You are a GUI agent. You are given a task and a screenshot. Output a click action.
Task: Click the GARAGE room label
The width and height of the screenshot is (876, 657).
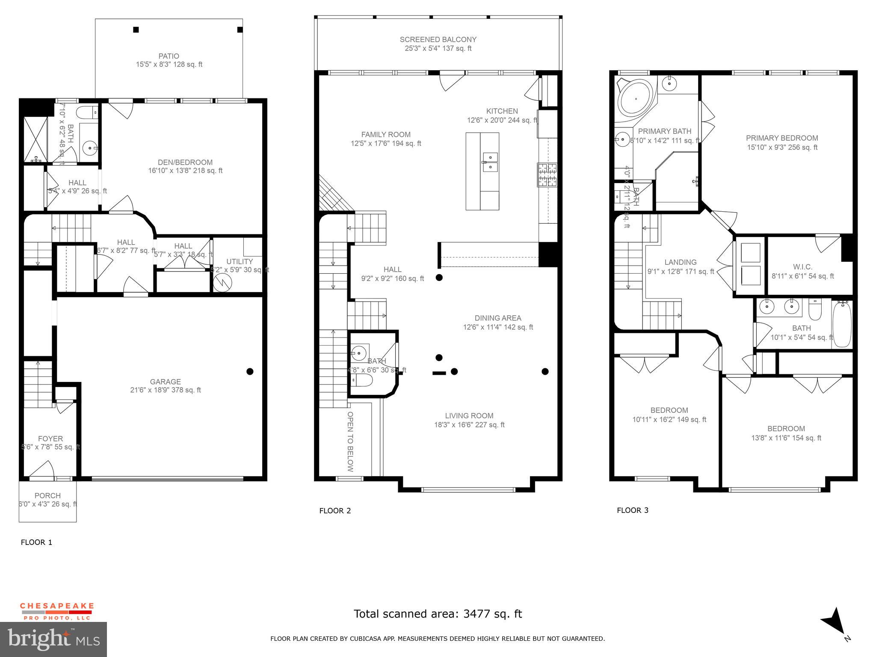click(x=165, y=382)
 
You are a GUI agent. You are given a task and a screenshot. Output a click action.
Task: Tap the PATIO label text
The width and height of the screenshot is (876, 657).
click(x=169, y=56)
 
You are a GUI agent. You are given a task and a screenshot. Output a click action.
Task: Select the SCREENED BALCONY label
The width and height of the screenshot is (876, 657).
click(x=438, y=39)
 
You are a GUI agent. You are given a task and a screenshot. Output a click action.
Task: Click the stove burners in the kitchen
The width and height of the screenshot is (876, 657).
click(x=547, y=175)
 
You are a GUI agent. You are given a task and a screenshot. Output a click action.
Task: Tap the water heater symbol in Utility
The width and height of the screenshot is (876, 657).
click(x=222, y=283)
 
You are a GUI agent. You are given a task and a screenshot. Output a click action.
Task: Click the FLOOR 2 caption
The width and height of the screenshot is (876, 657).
click(x=335, y=511)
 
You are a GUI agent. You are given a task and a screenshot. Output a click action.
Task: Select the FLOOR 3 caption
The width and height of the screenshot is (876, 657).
click(x=632, y=510)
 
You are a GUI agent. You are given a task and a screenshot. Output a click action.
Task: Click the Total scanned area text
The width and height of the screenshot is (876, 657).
click(x=438, y=614)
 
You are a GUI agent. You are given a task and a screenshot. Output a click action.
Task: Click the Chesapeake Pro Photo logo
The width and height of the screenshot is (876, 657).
click(x=57, y=611)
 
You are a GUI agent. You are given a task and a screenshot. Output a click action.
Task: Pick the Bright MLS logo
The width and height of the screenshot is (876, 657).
click(x=53, y=639)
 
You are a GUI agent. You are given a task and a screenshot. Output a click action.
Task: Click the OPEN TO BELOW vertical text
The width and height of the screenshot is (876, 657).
click(x=350, y=441)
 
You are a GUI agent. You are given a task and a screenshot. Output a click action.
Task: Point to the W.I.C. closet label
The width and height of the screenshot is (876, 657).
click(x=802, y=267)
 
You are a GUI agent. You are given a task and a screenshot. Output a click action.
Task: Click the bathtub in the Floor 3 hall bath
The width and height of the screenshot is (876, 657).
click(x=842, y=324)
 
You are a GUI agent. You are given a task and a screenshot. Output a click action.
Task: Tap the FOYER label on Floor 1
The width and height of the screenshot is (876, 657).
click(x=50, y=438)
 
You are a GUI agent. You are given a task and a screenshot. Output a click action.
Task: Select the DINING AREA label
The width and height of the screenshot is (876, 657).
click(x=498, y=318)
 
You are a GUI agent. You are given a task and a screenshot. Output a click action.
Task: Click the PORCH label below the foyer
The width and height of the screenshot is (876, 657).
click(x=47, y=496)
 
